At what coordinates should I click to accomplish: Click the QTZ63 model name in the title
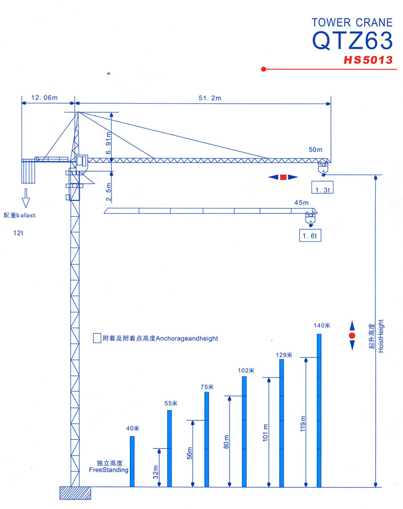[352, 41]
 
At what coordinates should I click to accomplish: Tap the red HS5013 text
[368, 60]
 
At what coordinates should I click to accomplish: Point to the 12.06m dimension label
[44, 98]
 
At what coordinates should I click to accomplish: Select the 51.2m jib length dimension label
[210, 98]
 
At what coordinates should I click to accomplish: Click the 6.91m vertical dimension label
[108, 143]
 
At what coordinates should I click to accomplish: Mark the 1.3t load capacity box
[322, 187]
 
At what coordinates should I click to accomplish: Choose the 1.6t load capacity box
[310, 235]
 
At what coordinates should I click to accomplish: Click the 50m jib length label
[316, 150]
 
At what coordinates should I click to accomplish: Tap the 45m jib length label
[301, 202]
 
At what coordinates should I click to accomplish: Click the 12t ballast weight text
[18, 233]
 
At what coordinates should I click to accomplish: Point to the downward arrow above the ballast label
[26, 198]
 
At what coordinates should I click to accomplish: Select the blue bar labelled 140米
[319, 410]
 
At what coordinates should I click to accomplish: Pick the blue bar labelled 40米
[132, 462]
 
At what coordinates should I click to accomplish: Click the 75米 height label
[207, 387]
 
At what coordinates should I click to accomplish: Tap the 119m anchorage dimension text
[303, 423]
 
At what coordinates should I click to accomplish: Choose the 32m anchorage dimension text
[156, 472]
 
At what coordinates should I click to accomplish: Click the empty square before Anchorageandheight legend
[97, 338]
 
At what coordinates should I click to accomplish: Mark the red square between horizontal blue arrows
[283, 177]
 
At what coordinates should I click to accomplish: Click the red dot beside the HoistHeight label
[352, 335]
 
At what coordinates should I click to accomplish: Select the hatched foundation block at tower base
[75, 493]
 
